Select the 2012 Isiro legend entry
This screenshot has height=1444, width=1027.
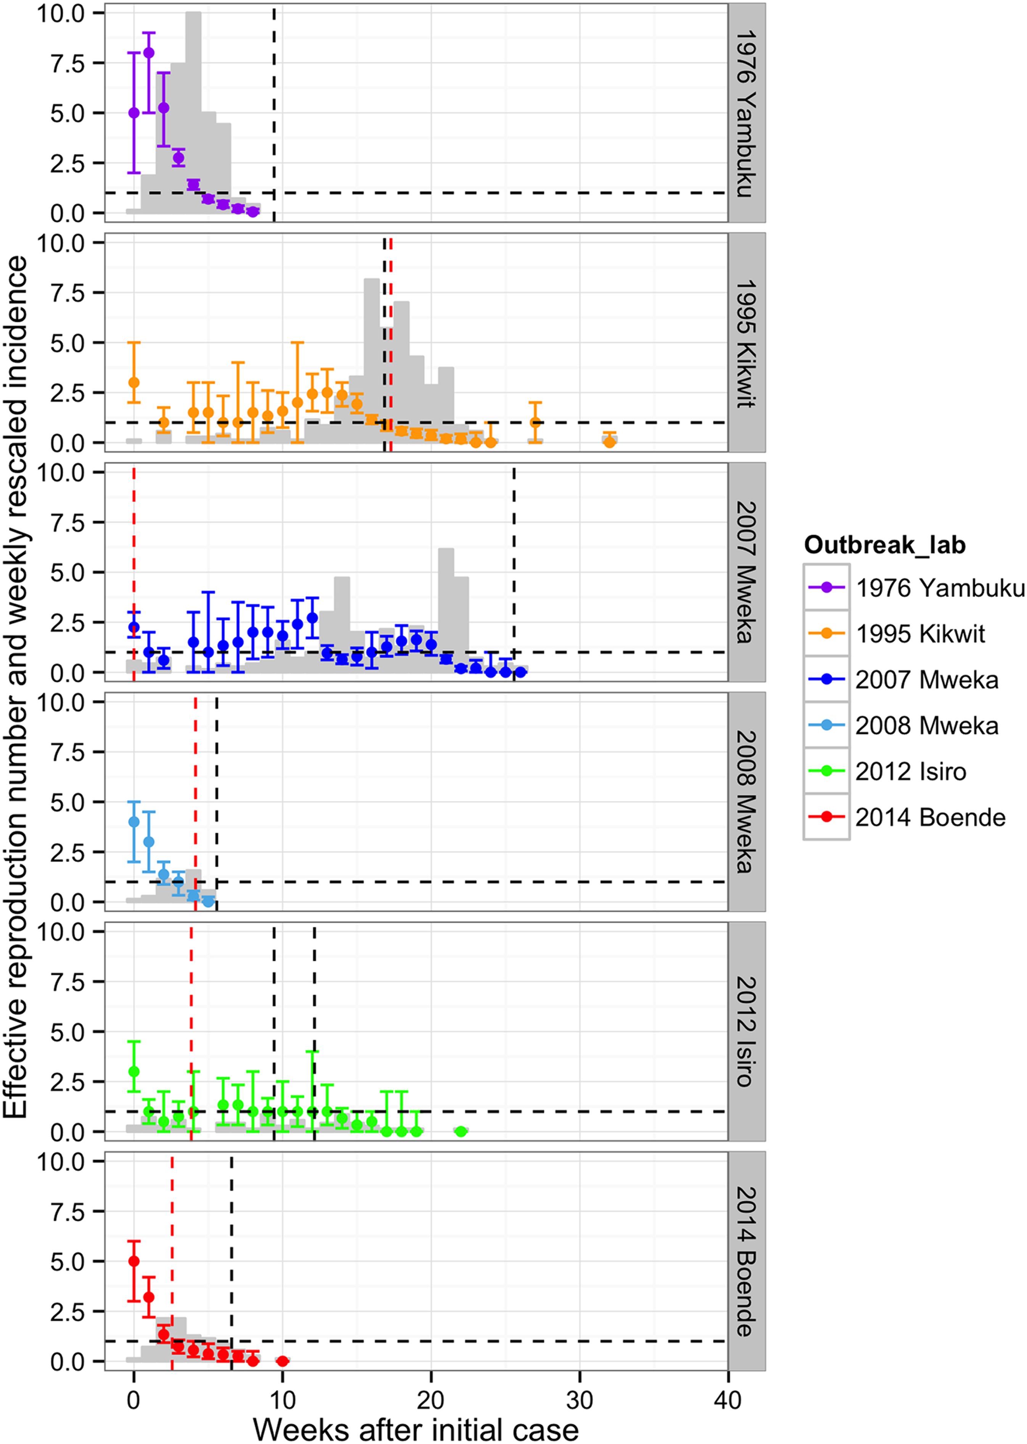(x=911, y=771)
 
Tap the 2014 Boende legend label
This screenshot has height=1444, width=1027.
(x=930, y=817)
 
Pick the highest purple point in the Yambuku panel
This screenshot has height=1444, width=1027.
(x=149, y=53)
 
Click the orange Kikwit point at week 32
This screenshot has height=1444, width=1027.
(x=609, y=442)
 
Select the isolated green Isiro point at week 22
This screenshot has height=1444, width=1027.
(x=461, y=1131)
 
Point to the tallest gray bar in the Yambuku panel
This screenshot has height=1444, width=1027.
(x=193, y=114)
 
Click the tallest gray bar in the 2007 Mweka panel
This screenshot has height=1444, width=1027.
(x=446, y=607)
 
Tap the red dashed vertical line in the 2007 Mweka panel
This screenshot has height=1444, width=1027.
(x=134, y=570)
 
